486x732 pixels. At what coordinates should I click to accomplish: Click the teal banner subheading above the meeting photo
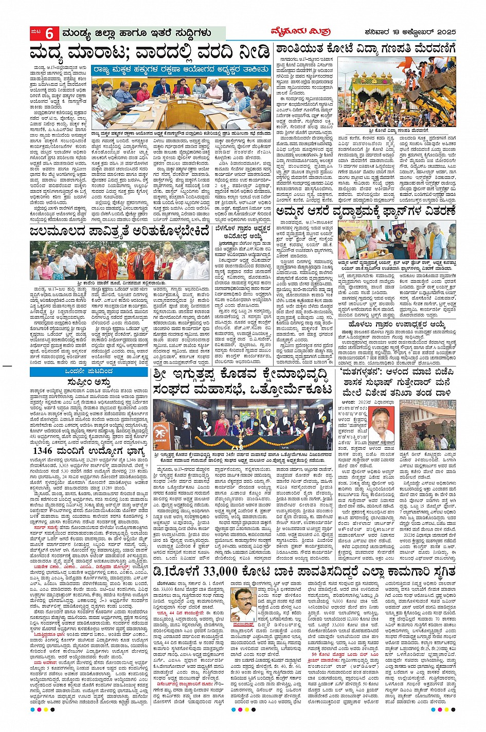(181, 69)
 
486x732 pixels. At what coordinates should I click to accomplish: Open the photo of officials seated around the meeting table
(181, 102)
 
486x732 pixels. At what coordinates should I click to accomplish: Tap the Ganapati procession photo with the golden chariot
(397, 91)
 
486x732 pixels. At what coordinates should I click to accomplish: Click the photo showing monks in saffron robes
(119, 260)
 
